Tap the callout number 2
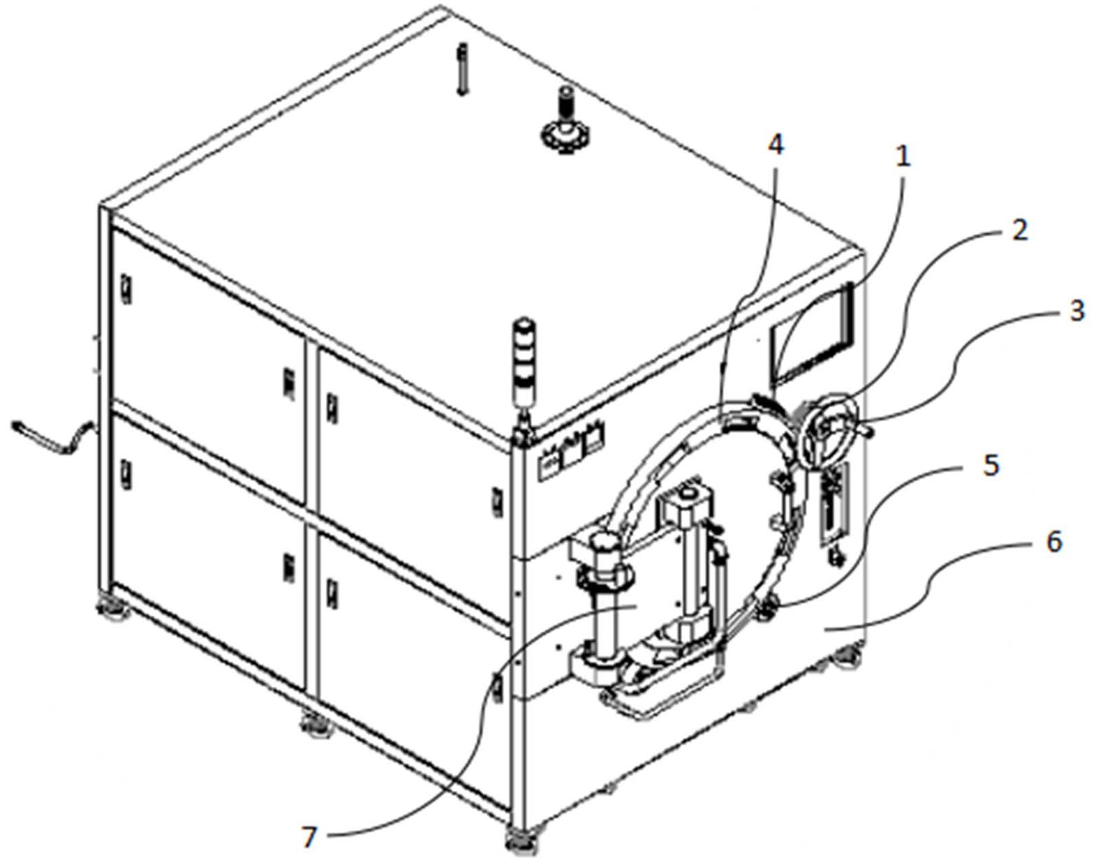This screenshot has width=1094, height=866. tap(1018, 230)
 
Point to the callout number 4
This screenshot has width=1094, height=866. tap(776, 145)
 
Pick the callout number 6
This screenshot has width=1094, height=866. tap(1055, 542)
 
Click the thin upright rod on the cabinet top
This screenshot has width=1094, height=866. tap(463, 68)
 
